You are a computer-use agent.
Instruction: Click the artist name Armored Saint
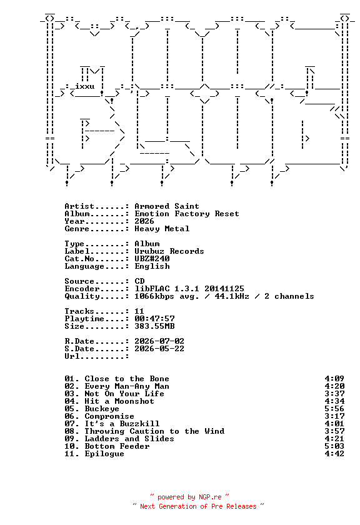coord(167,206)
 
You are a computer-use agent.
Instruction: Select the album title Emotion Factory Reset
coord(187,214)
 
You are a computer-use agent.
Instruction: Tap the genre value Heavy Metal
coord(162,229)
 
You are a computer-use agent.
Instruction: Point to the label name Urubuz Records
coord(169,251)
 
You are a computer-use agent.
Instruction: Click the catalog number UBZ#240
coord(152,259)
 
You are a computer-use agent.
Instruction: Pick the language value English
coord(152,266)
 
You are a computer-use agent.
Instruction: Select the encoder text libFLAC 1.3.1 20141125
coord(189,289)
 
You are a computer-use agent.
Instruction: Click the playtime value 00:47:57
coord(154,318)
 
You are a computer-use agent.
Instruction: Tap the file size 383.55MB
coord(154,326)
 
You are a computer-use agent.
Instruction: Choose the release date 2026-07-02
coord(159,341)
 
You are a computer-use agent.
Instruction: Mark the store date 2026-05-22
coord(159,349)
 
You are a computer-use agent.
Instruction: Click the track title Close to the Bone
coord(127,379)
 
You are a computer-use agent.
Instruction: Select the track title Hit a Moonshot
coord(119,401)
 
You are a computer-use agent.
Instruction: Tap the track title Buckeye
coord(102,409)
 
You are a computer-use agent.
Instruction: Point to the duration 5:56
coord(334,409)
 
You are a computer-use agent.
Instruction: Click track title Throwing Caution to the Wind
coord(154,431)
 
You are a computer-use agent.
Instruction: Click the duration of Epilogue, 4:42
coord(334,454)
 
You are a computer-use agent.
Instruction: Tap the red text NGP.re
coord(210,497)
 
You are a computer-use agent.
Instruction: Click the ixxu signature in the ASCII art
coord(85,86)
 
